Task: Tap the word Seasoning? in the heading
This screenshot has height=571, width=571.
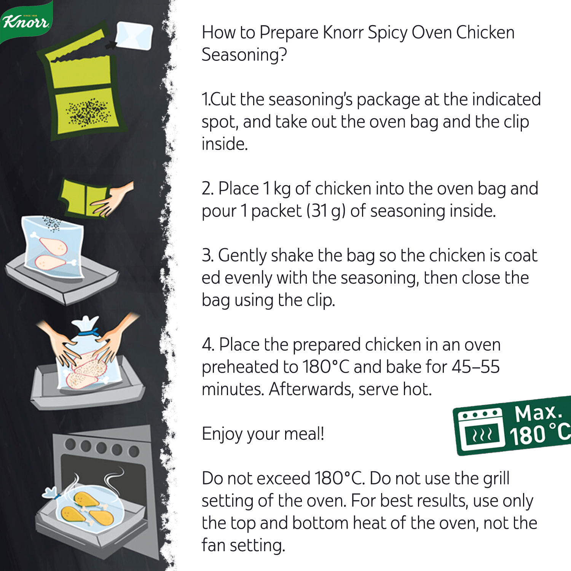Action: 244,55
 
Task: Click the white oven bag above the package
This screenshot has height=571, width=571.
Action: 134,36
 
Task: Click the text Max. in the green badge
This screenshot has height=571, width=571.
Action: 538,413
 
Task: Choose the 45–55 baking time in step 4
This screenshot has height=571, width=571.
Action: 476,367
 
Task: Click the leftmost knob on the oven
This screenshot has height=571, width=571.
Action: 70,444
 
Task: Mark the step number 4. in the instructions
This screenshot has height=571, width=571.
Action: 208,345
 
